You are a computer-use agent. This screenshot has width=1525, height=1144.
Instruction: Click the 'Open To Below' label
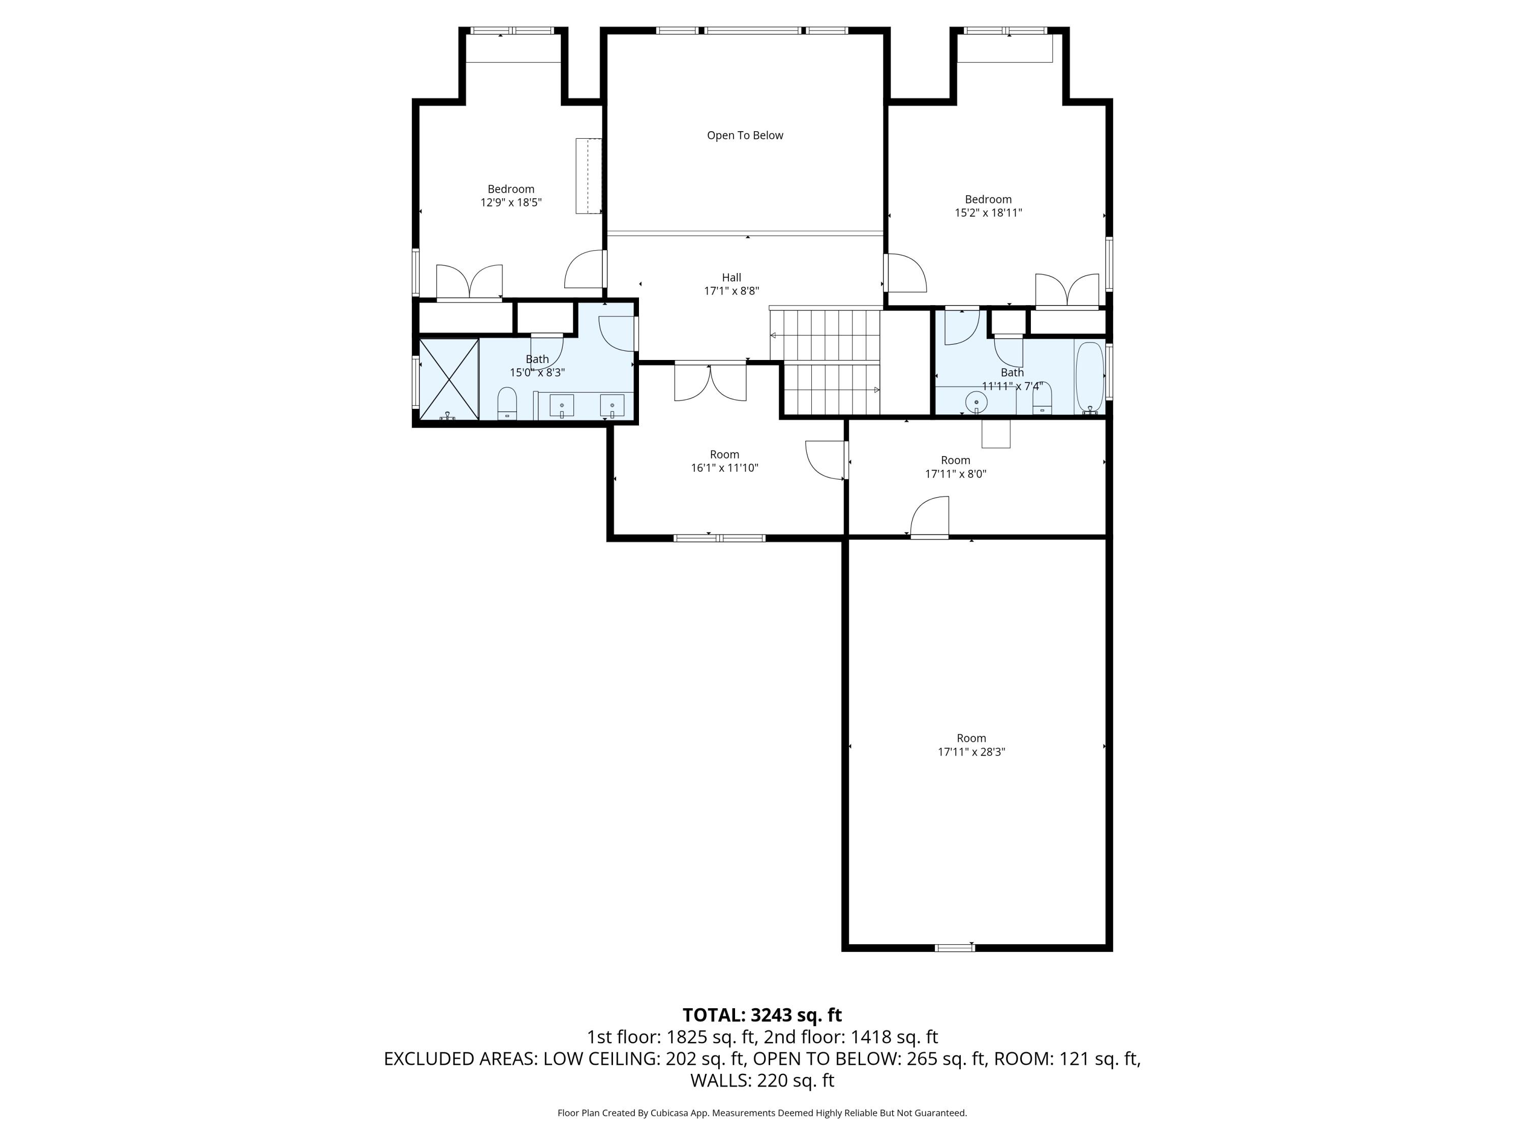745,135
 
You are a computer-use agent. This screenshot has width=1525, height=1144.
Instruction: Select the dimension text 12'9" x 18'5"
511,203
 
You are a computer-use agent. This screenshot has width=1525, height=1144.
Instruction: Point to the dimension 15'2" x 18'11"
988,213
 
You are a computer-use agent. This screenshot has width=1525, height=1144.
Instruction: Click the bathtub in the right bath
1089,377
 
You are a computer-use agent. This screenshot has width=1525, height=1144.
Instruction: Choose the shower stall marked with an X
449,379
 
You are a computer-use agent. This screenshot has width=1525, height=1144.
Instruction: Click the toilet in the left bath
507,403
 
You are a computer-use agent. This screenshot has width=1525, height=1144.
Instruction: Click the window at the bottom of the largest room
955,947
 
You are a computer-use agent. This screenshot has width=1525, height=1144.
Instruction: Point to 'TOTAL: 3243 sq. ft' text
762,1015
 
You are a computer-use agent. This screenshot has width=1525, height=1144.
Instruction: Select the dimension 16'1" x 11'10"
724,468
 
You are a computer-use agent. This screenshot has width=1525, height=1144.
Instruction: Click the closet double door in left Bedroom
470,283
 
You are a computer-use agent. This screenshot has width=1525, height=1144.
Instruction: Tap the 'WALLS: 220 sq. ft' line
762,1080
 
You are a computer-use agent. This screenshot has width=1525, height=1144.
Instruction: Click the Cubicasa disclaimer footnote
762,1113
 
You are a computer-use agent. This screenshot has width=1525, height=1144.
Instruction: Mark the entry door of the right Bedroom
905,273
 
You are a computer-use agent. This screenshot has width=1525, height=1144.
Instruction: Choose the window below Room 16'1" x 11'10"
719,538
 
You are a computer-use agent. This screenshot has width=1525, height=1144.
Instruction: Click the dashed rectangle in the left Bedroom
589,176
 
